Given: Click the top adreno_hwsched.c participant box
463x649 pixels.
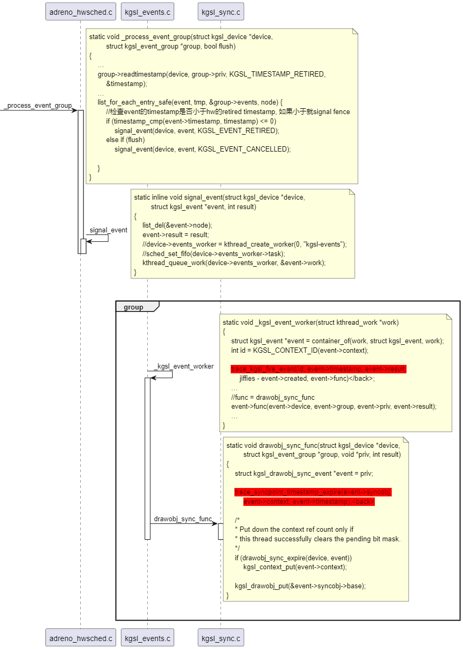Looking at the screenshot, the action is click(81, 11).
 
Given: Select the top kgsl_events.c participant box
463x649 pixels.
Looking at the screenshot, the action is click(147, 11).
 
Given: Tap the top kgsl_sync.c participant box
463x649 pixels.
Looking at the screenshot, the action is click(221, 11).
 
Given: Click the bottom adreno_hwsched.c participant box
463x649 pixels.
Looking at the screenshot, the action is click(81, 638).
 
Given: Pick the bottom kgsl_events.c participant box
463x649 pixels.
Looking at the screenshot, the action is click(147, 638).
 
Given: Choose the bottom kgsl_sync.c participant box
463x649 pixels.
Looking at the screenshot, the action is click(221, 638).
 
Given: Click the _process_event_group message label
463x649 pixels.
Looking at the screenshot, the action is click(37, 106).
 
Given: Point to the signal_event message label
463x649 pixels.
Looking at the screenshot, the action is click(108, 230).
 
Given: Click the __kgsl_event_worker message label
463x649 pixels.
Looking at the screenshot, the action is click(184, 366).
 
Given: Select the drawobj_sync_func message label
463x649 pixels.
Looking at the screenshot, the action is click(183, 519).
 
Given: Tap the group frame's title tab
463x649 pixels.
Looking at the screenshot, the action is click(134, 307).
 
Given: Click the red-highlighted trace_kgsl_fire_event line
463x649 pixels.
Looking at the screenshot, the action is click(318, 369).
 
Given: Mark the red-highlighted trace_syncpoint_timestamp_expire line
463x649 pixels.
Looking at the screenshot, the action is click(313, 492).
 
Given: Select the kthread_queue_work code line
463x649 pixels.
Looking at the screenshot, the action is click(234, 262).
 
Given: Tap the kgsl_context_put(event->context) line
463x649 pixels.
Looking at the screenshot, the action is click(295, 567).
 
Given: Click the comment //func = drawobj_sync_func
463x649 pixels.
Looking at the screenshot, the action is click(272, 397).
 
